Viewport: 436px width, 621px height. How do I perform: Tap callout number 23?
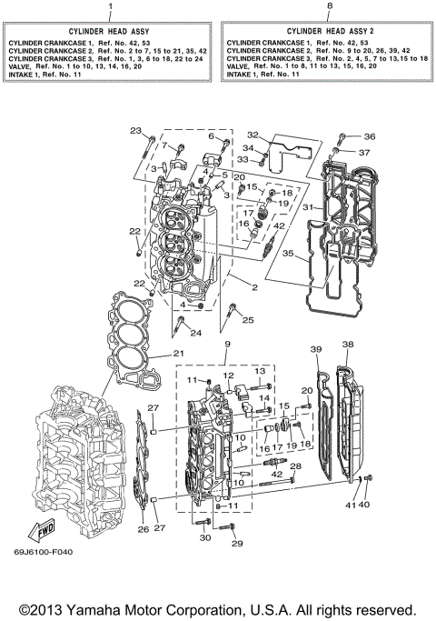click(x=136, y=131)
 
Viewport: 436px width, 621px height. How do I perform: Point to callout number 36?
click(x=369, y=136)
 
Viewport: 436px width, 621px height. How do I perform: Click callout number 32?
click(x=253, y=135)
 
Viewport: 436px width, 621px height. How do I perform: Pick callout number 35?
click(x=286, y=255)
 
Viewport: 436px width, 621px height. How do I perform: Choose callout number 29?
click(x=238, y=544)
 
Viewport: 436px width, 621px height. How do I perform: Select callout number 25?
click(x=248, y=320)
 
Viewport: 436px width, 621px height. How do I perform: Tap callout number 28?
click(x=295, y=466)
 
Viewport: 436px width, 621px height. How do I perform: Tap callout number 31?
click(x=308, y=206)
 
